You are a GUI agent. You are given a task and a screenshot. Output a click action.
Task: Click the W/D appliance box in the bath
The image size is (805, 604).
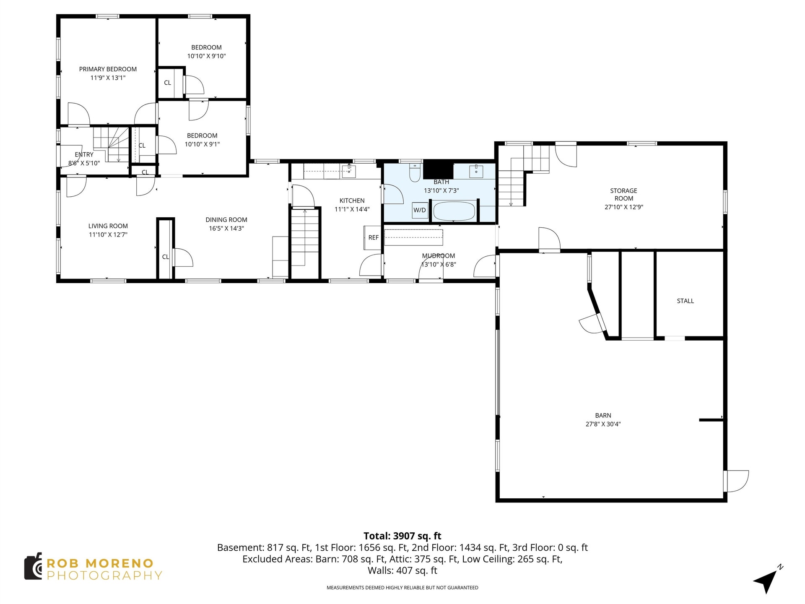pyautogui.click(x=420, y=210)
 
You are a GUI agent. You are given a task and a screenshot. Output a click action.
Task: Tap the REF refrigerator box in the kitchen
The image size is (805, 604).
pyautogui.click(x=373, y=238)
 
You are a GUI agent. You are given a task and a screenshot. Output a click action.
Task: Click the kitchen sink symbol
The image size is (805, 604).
pyautogui.click(x=349, y=171)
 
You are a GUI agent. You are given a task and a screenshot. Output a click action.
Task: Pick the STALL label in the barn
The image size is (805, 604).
pyautogui.click(x=686, y=301)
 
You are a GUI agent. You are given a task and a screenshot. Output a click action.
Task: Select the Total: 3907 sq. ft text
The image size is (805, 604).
pyautogui.click(x=402, y=536)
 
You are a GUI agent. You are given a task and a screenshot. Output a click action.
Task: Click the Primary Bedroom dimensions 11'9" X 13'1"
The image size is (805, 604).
pyautogui.click(x=108, y=78)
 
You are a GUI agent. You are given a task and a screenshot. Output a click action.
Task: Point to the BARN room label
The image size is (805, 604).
pyautogui.click(x=603, y=415)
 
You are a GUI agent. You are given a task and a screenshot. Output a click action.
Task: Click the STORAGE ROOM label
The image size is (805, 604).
pyautogui.click(x=623, y=195)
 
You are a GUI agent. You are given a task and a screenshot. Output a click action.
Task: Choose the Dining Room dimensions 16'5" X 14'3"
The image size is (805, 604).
pyautogui.click(x=226, y=228)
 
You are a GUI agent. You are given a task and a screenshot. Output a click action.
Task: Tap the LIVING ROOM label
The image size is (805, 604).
pyautogui.click(x=108, y=226)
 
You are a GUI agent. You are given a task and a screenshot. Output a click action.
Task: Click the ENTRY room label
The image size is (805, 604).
pyautogui.click(x=84, y=155)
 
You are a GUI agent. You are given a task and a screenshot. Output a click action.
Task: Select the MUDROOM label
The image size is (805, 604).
pyautogui.click(x=439, y=256)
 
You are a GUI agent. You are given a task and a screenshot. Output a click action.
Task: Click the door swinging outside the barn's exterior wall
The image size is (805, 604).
pyautogui.click(x=737, y=481)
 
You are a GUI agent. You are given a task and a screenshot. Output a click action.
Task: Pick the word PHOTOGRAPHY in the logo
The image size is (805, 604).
pyautogui.click(x=104, y=575)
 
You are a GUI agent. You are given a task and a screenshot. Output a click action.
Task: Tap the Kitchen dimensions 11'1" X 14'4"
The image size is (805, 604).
pyautogui.click(x=352, y=209)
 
